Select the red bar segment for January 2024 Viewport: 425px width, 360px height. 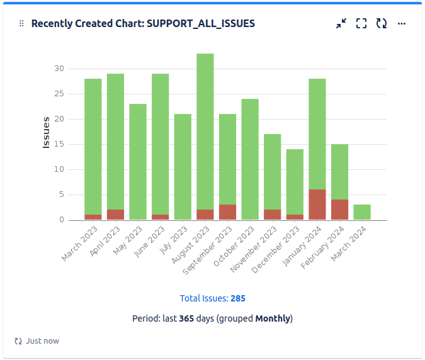317,205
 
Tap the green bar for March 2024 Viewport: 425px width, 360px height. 362,212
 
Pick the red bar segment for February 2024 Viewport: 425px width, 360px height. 340,210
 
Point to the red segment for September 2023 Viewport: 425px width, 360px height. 227,212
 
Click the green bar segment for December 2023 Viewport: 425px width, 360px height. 295,182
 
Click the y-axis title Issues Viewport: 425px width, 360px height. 46,132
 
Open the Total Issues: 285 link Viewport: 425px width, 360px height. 212,298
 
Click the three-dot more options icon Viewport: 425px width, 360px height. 402,23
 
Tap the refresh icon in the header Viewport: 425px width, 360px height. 382,23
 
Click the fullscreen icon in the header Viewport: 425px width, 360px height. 361,23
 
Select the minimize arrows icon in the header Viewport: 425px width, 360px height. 341,23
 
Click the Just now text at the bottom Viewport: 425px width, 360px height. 42,340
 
